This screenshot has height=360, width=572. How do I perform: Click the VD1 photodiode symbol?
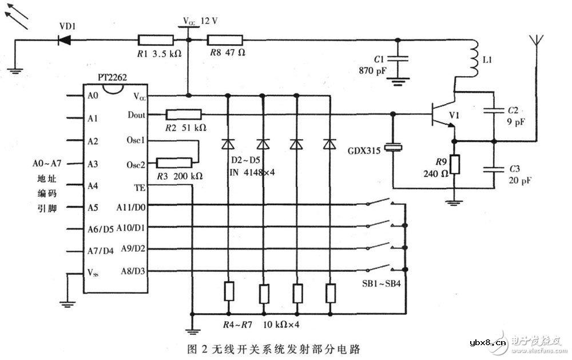click(65, 40)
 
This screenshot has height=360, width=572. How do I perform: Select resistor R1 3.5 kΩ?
click(156, 40)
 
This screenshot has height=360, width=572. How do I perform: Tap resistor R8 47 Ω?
click(225, 40)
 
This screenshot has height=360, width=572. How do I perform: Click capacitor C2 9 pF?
click(493, 113)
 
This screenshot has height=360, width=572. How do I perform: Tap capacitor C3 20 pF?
click(493, 169)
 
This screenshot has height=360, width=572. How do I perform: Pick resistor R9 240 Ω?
click(454, 165)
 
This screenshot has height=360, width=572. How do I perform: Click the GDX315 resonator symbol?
click(393, 148)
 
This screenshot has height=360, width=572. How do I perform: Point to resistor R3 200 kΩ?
click(173, 164)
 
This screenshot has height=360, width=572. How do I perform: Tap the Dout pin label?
click(136, 115)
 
